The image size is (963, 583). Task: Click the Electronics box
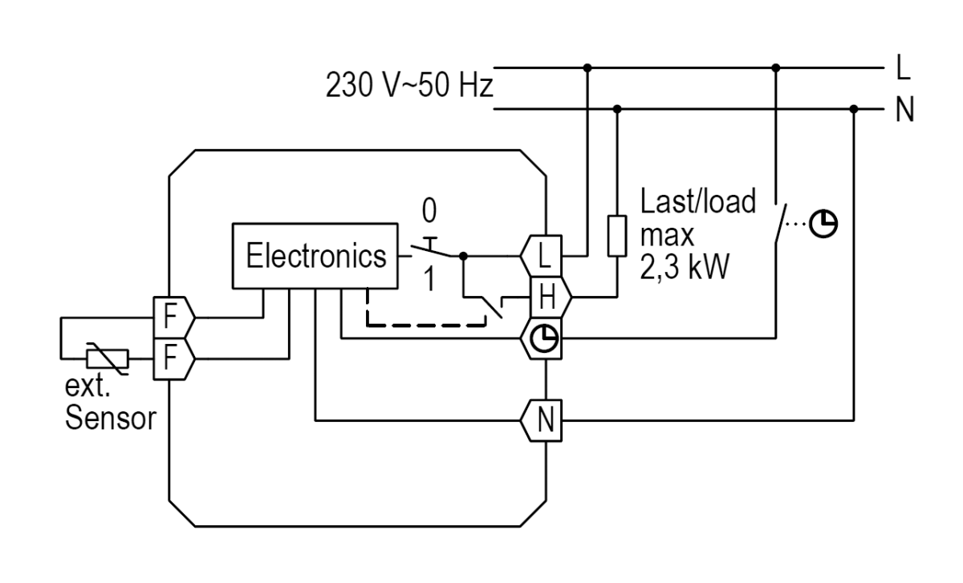point(315,256)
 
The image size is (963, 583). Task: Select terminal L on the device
point(545,256)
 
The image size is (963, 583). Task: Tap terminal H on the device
point(547,299)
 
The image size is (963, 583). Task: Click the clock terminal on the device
point(546,340)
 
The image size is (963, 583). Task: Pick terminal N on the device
point(545,419)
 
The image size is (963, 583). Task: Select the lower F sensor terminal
point(170,356)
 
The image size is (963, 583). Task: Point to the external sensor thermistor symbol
point(108,356)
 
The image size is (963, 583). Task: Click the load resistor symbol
point(616,235)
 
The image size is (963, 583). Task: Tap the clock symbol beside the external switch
point(820,221)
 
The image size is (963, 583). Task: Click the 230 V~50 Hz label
point(408,85)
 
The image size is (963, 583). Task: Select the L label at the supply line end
point(903,70)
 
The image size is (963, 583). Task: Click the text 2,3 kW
point(684,267)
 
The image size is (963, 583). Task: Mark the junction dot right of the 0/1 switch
point(463,257)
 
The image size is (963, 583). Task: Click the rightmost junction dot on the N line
point(853,109)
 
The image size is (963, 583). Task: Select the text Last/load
point(697,202)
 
